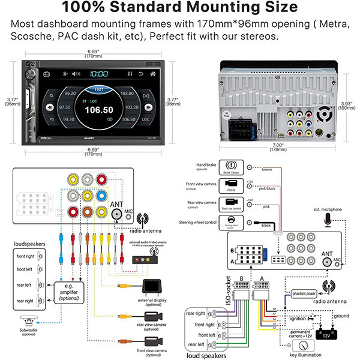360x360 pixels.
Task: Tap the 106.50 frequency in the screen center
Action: click(x=99, y=110)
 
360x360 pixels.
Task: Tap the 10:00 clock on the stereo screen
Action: click(x=98, y=74)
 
